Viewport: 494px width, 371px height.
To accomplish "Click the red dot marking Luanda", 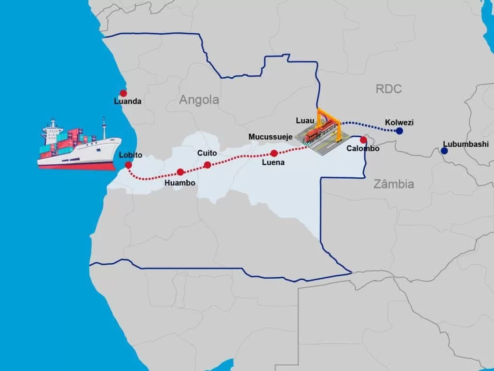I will pos(123,93).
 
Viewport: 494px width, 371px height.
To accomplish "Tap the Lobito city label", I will pos(130,155).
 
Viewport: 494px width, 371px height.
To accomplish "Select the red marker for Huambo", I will pos(180,172).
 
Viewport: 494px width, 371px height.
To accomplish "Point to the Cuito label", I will pos(207,153).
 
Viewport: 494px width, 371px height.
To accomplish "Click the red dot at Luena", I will pos(274,153).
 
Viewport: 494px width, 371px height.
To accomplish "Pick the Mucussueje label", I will pos(270,137).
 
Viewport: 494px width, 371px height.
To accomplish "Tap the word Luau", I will pos(305,119).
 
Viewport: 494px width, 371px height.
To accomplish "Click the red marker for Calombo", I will pos(363,140).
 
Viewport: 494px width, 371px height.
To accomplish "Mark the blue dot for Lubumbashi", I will pos(444,151).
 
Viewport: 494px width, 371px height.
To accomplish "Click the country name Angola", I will pos(199,100).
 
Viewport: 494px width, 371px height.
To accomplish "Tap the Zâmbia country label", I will pos(394,184).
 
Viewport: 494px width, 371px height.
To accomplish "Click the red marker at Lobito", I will pos(128,165).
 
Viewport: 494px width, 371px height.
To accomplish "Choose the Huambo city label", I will pos(180,183).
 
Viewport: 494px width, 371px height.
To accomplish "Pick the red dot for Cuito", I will pos(207,165).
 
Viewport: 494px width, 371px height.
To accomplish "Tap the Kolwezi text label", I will pos(399,122).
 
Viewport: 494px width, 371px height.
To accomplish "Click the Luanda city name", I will pos(128,101).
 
